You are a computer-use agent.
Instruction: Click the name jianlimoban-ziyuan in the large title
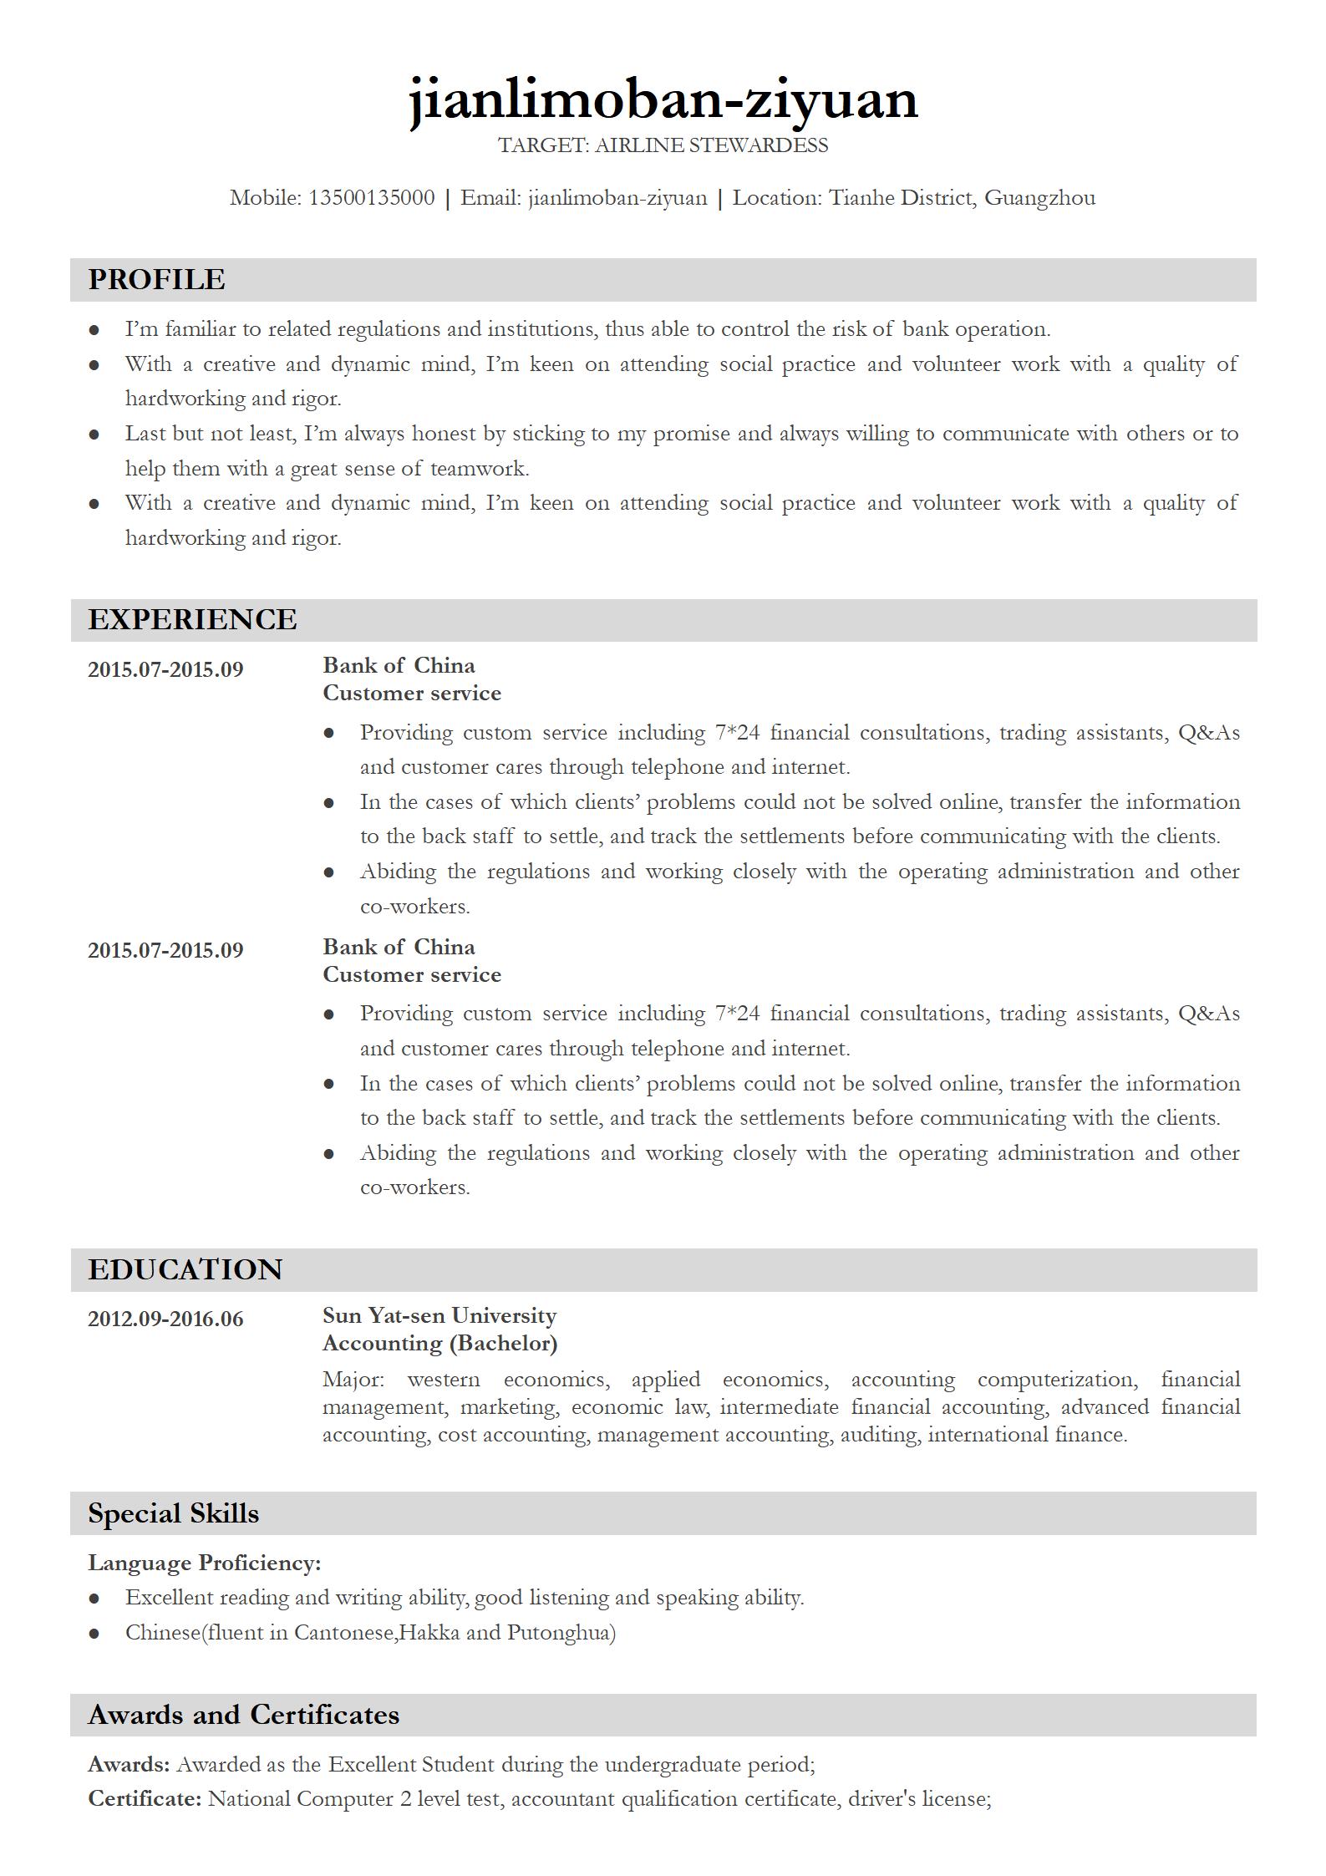663,99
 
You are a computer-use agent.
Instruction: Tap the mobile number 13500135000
372,198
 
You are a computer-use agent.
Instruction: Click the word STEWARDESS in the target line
759,145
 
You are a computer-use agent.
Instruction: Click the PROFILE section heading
156,279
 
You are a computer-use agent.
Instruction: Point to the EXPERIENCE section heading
192,619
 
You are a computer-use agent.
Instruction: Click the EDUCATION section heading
185,1269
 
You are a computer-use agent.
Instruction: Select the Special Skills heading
173,1513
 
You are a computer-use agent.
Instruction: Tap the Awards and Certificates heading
243,1715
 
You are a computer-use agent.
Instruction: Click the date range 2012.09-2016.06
165,1319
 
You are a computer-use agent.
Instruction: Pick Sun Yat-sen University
439,1315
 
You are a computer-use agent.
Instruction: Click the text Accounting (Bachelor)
439,1343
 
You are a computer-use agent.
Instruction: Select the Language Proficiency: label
204,1563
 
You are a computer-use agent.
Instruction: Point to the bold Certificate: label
145,1798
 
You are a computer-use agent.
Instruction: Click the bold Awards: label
129,1764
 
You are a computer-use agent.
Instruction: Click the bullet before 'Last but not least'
94,435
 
